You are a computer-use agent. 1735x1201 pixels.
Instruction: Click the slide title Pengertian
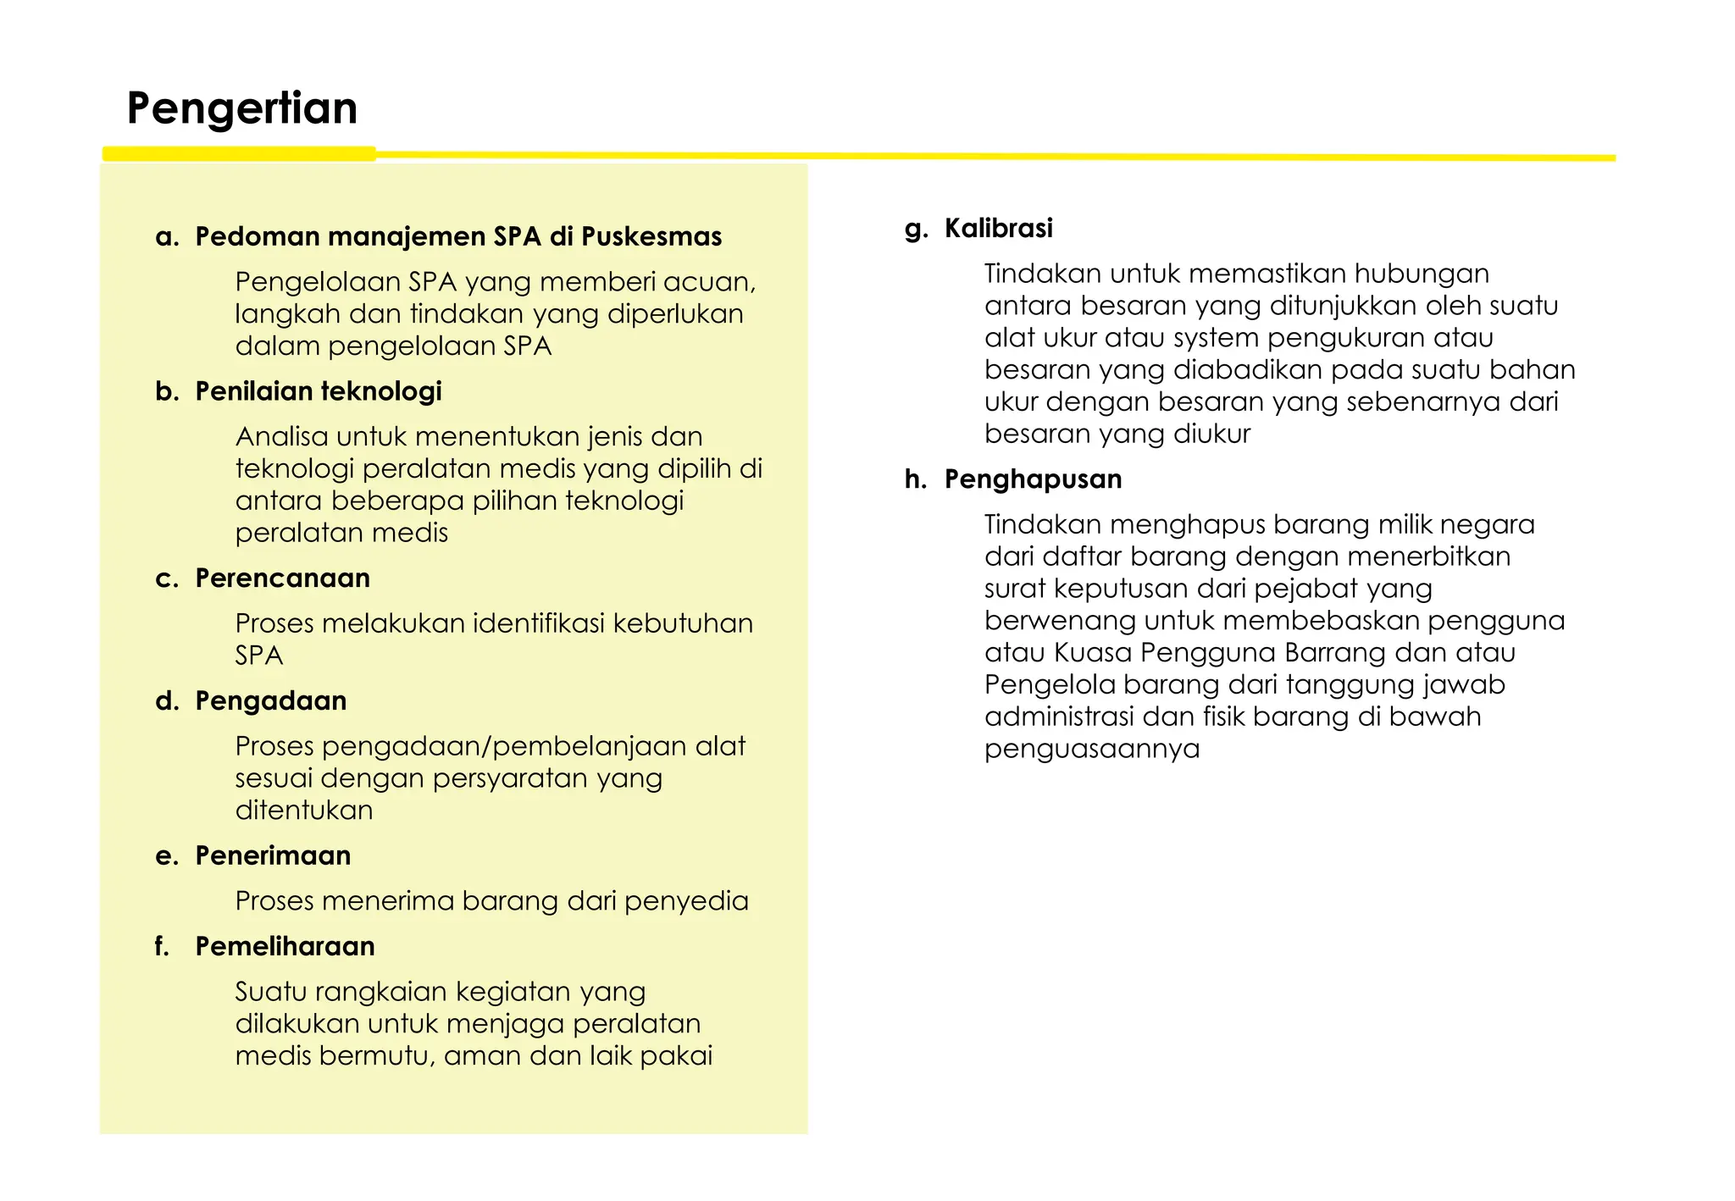242,108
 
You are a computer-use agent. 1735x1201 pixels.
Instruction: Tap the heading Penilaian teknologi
319,391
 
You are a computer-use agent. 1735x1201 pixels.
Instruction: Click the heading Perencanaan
282,578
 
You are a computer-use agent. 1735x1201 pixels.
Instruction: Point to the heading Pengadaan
270,701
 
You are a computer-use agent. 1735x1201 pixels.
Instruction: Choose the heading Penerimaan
273,856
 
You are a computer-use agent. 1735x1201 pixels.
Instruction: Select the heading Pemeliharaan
285,947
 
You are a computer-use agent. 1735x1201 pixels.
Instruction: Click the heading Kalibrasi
998,229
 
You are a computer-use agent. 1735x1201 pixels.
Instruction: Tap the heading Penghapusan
1033,479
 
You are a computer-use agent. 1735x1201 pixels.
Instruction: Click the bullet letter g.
915,229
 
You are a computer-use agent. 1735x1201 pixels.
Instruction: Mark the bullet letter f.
162,947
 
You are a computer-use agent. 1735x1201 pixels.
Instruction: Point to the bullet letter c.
166,579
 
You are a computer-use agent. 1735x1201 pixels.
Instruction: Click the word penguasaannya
1092,750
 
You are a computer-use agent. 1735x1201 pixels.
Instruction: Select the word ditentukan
304,811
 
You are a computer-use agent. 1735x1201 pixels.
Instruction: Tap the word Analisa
281,437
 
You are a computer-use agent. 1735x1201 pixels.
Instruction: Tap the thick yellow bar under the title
239,153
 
